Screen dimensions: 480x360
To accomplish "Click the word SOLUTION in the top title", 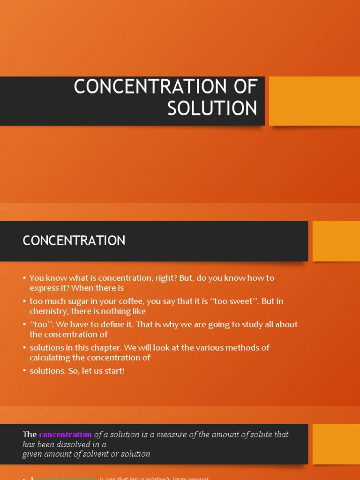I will [212, 108].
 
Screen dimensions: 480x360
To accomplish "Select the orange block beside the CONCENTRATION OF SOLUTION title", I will [314, 101].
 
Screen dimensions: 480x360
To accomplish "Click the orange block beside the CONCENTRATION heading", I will [336, 241].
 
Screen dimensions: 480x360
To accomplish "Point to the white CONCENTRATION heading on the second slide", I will [74, 241].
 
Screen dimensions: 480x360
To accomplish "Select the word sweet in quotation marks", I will [243, 301].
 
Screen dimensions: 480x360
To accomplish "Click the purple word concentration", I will [65, 435].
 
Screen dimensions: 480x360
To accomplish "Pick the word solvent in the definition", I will [105, 454].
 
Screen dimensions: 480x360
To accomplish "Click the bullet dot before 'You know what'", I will [24, 278].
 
